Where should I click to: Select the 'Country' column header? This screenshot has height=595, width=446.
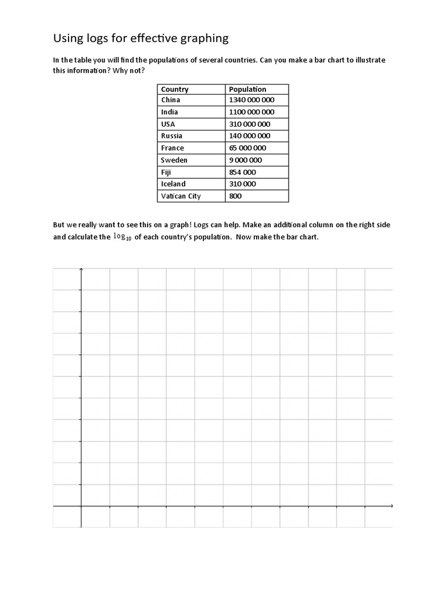click(175, 89)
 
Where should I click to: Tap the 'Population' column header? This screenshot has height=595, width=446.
click(247, 89)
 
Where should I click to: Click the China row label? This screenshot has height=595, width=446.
click(171, 100)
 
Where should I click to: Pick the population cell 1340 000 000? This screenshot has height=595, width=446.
click(251, 100)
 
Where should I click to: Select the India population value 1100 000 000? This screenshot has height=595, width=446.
click(251, 112)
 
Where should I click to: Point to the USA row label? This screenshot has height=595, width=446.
click(168, 124)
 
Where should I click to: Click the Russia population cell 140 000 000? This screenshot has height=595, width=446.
click(250, 136)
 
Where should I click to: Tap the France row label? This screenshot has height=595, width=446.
click(172, 148)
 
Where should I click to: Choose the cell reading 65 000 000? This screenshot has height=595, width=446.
click(248, 148)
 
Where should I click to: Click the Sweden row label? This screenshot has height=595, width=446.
click(174, 160)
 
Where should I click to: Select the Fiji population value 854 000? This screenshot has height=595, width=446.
click(242, 173)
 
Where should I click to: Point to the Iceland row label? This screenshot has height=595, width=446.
click(173, 184)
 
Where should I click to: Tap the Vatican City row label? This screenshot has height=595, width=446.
click(181, 196)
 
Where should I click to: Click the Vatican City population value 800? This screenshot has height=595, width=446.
click(235, 196)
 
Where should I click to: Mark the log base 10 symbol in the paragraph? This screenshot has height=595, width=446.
click(123, 236)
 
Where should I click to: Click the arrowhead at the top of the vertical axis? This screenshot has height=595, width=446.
click(81, 270)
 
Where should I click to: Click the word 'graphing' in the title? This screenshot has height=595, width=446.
click(200, 39)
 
